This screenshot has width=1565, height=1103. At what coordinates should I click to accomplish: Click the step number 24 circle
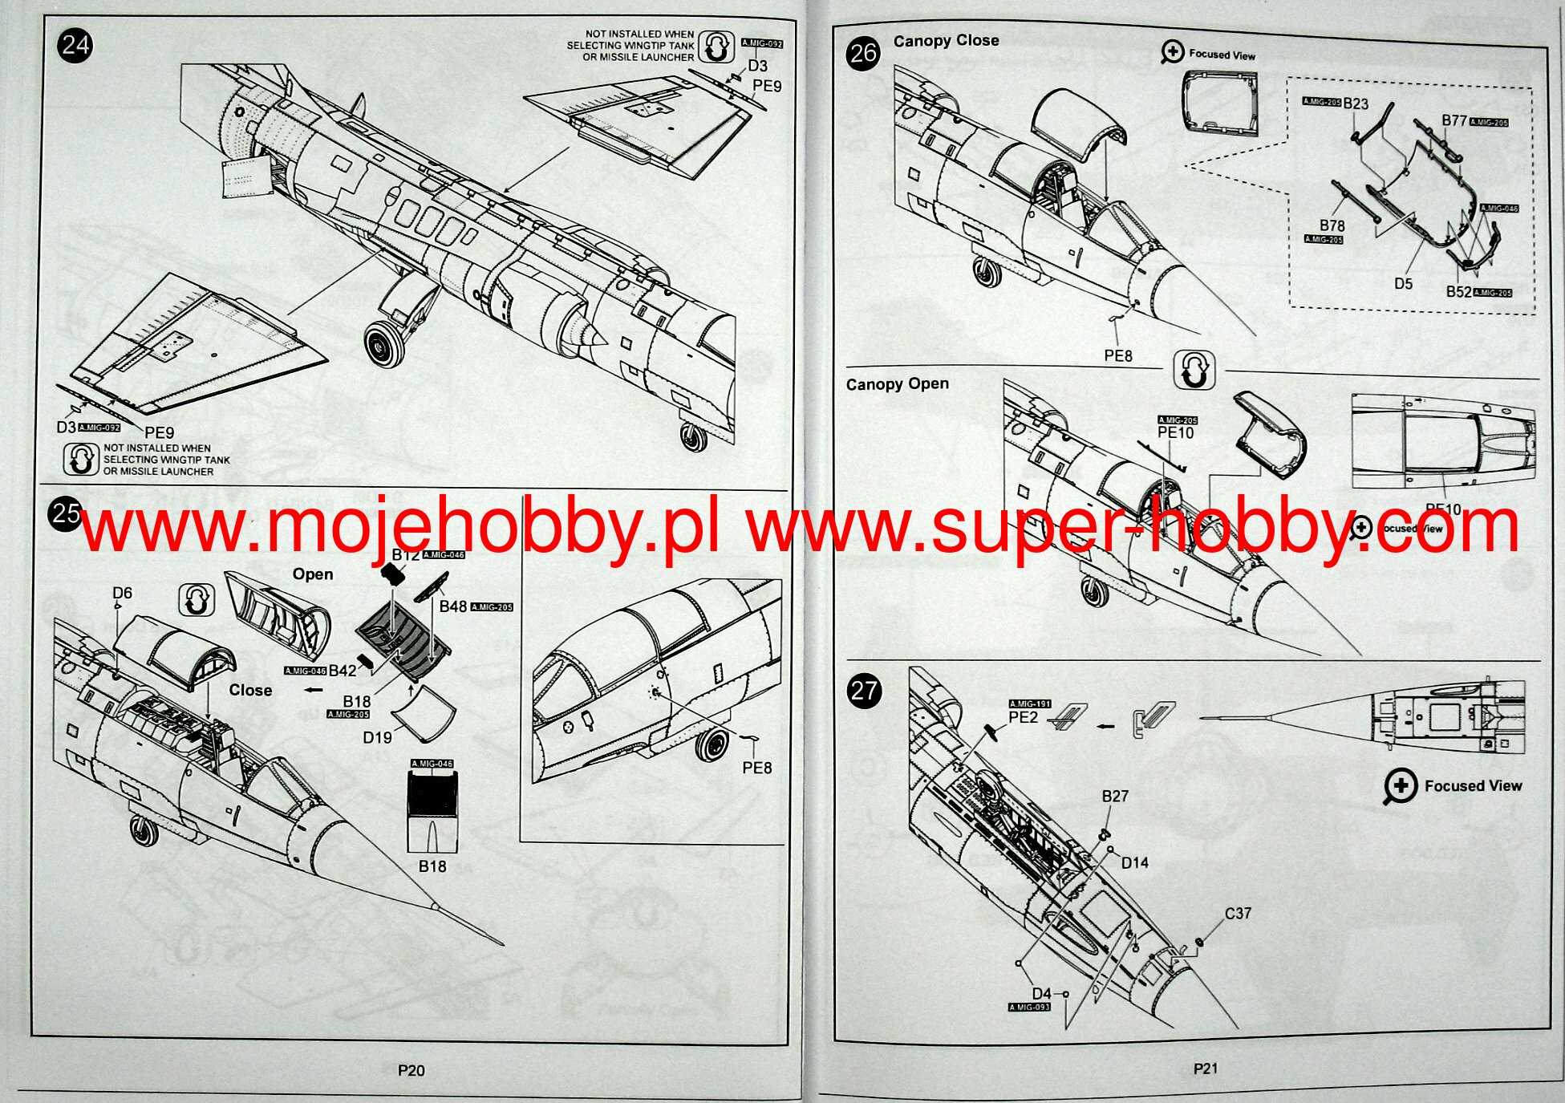tap(75, 45)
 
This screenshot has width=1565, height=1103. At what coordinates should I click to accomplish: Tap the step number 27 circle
tap(864, 691)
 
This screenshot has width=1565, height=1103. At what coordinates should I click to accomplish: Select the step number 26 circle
tap(863, 54)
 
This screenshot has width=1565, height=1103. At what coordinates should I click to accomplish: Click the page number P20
tap(411, 1070)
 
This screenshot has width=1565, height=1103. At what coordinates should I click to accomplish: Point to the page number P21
tap(1205, 1068)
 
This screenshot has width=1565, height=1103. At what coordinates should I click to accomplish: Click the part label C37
tap(1238, 913)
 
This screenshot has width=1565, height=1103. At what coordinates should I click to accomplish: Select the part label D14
tap(1134, 862)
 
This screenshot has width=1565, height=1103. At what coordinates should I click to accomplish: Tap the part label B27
tap(1115, 796)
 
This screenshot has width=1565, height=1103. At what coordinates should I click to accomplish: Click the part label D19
tap(377, 737)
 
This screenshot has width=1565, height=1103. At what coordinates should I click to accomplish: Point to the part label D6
tap(122, 593)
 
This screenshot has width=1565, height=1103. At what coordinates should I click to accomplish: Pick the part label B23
tap(1356, 103)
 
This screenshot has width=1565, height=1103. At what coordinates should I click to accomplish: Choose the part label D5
tap(1403, 283)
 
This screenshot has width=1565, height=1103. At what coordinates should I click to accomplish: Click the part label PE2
tap(1023, 717)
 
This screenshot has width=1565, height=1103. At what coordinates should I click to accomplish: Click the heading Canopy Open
tap(897, 384)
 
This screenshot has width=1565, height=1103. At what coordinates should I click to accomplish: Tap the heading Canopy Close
tap(946, 40)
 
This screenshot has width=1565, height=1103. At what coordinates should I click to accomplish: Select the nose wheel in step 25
tap(144, 830)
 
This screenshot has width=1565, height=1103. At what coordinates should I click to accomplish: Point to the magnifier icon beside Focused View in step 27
tap(1401, 786)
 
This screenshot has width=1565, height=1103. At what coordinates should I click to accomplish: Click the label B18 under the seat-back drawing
tap(432, 866)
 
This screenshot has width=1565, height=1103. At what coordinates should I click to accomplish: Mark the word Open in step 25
tap(312, 574)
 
